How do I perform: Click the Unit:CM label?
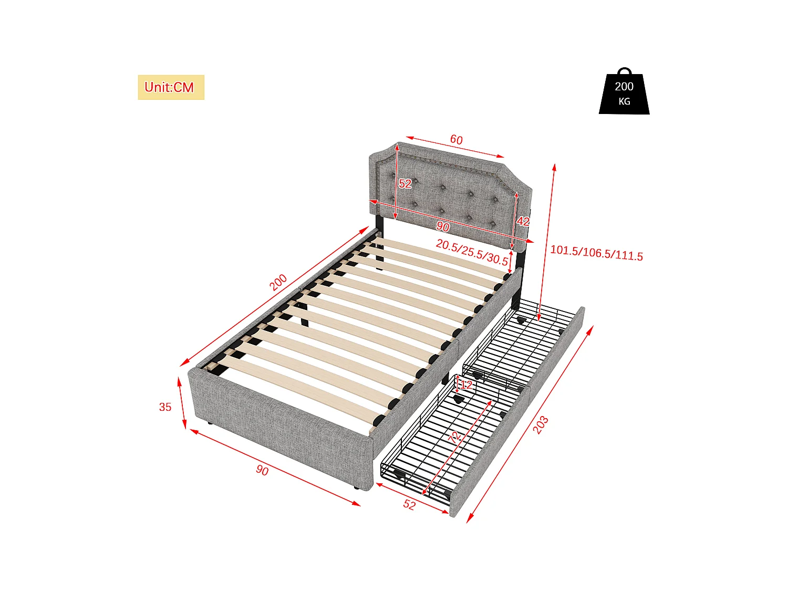pyautogui.click(x=170, y=87)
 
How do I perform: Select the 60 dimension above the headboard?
pyautogui.click(x=456, y=140)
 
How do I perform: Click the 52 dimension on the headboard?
pyautogui.click(x=405, y=183)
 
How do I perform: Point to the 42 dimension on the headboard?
pyautogui.click(x=523, y=221)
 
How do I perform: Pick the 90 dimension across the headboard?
pyautogui.click(x=443, y=226)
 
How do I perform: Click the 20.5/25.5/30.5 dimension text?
pyautogui.click(x=472, y=253)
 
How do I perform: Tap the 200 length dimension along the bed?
pyautogui.click(x=278, y=282)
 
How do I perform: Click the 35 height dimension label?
pyautogui.click(x=165, y=407)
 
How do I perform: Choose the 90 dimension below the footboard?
pyautogui.click(x=262, y=470)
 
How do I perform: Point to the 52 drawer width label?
pyautogui.click(x=409, y=505)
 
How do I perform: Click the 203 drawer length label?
pyautogui.click(x=541, y=424)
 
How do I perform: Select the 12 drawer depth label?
pyautogui.click(x=466, y=385)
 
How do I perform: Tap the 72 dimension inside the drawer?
pyautogui.click(x=455, y=436)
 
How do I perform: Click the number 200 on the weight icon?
pyautogui.click(x=624, y=87)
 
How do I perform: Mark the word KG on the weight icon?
pyautogui.click(x=624, y=101)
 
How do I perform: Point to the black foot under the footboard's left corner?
pyautogui.click(x=209, y=423)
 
